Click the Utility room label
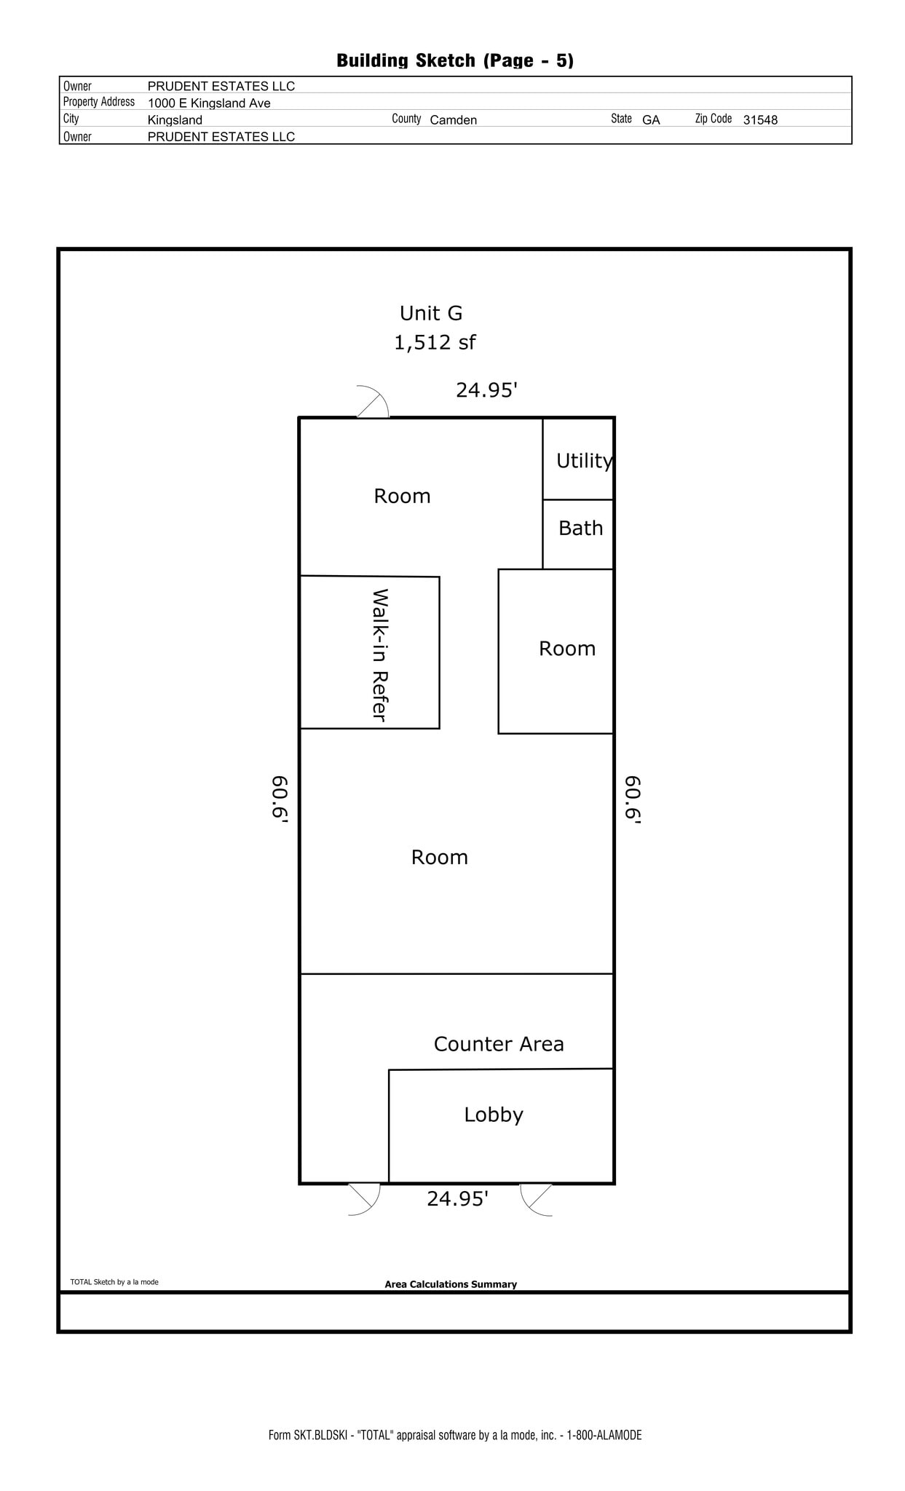pyautogui.click(x=584, y=461)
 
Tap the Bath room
pyautogui.click(x=580, y=529)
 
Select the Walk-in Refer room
pyautogui.click(x=379, y=654)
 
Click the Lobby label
pyautogui.click(x=494, y=1115)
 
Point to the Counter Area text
pyautogui.click(x=499, y=1044)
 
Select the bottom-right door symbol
pyautogui.click(x=537, y=1199)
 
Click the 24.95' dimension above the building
pyautogui.click(x=486, y=391)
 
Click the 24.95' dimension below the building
pyautogui.click(x=457, y=1199)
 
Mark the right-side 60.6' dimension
pyautogui.click(x=633, y=799)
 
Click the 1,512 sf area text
pyautogui.click(x=435, y=342)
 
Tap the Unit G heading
pyautogui.click(x=431, y=314)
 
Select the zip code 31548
pyautogui.click(x=760, y=120)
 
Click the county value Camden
pyautogui.click(x=453, y=120)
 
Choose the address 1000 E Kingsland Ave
pyautogui.click(x=209, y=103)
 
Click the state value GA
pyautogui.click(x=651, y=120)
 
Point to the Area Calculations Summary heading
pyautogui.click(x=451, y=1284)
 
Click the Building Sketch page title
pyautogui.click(x=455, y=60)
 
